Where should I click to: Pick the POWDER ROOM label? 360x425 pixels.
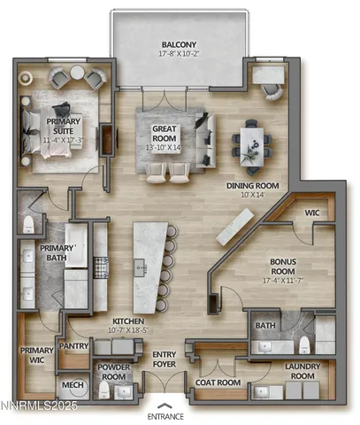[114, 372]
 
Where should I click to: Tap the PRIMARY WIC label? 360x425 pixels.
[37, 355]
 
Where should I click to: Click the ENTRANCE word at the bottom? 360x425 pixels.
[165, 415]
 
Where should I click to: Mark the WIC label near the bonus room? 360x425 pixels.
[312, 212]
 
